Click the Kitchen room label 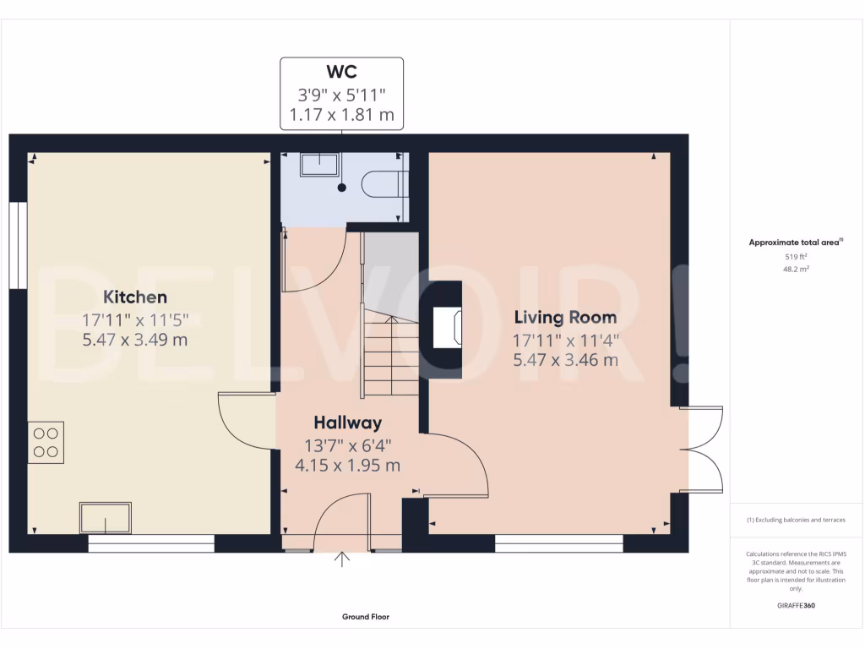(135, 297)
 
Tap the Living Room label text (565, 318)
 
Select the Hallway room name (347, 423)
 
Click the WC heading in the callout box (342, 73)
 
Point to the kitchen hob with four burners (46, 442)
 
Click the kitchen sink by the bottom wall (106, 516)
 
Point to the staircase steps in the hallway (392, 355)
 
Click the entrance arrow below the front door (342, 559)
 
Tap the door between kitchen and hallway (245, 423)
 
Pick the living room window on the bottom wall (558, 543)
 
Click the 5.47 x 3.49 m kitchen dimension (135, 340)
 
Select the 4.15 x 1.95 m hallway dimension (347, 465)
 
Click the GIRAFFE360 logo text (795, 606)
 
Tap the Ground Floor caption (365, 617)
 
